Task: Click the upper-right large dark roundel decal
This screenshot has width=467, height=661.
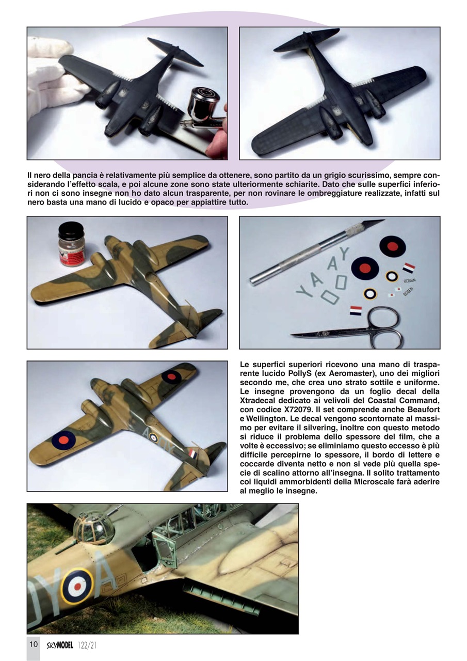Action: tap(392, 246)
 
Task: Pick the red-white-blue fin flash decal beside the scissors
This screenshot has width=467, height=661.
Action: tap(356, 310)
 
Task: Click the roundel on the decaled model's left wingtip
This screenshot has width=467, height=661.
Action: tap(64, 440)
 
